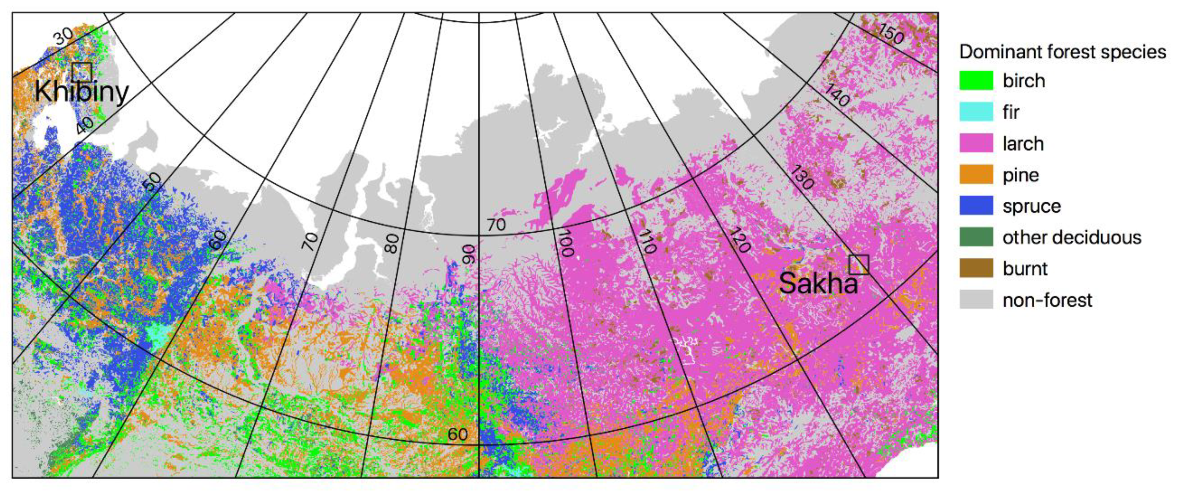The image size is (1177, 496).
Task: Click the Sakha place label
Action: (818, 284)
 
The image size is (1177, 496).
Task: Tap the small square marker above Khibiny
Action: (82, 72)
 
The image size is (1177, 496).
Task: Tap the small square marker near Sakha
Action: (859, 265)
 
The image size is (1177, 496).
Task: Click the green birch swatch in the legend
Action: (976, 80)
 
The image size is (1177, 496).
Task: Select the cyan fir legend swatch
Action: (976, 112)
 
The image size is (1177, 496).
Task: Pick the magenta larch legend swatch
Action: (976, 143)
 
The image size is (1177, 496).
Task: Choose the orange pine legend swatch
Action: (976, 175)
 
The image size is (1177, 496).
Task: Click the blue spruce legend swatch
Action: (976, 206)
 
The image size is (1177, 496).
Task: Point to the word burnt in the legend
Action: (1025, 269)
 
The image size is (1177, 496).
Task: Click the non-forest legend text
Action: (1047, 300)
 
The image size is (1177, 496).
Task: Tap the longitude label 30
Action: (63, 36)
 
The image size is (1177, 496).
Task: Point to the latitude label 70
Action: (496, 225)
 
